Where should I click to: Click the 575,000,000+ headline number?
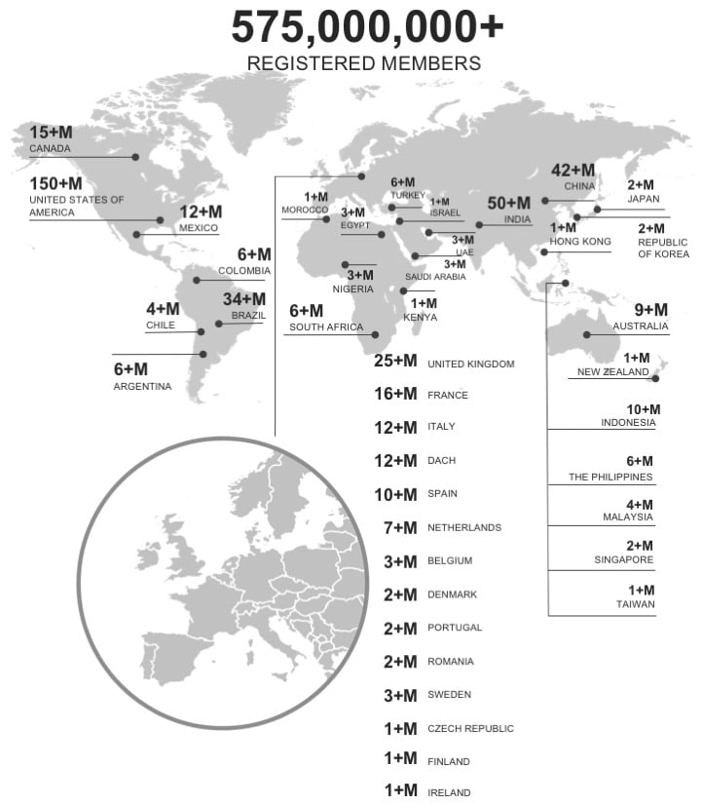click(367, 27)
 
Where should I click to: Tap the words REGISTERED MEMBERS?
click(363, 64)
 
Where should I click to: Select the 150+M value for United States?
click(55, 183)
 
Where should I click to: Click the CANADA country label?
click(51, 148)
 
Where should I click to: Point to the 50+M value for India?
click(509, 203)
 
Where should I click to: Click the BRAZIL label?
click(248, 316)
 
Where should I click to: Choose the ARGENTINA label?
click(142, 386)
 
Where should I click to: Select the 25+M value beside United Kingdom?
click(395, 363)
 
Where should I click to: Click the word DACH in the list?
click(441, 460)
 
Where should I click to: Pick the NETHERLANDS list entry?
click(464, 527)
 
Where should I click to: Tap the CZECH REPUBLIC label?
click(470, 728)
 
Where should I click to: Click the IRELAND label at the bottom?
click(449, 792)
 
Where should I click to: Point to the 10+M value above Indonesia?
click(643, 409)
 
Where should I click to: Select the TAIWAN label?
click(636, 604)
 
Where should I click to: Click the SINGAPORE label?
click(624, 560)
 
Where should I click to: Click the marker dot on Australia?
click(586, 335)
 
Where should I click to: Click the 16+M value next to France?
click(395, 395)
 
